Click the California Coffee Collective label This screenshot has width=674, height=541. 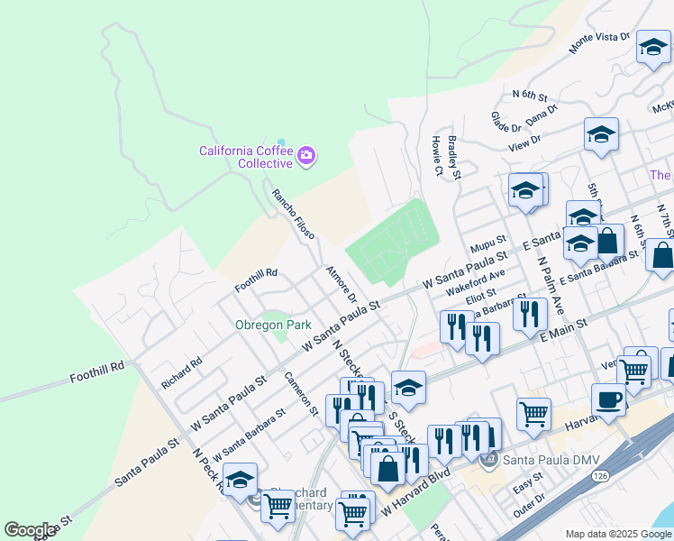pos(246,157)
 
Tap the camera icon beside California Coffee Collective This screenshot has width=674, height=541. pos(306,156)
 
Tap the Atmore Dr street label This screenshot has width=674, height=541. pos(342,284)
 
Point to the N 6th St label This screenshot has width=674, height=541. pos(530,94)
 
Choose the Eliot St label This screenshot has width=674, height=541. pos(481,293)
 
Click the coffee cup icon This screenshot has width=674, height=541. pos(608,400)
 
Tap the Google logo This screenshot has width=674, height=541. pos(30,530)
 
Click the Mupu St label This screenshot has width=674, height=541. pos(488,244)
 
